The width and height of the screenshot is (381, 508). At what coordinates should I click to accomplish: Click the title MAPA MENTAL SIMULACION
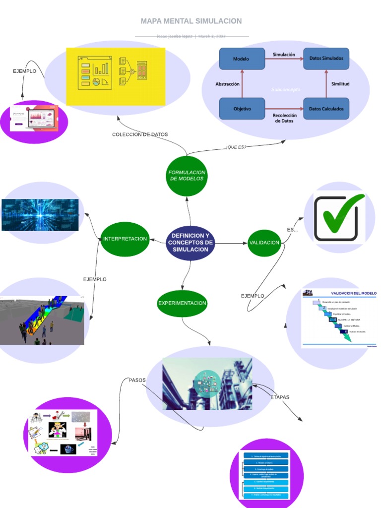click(x=191, y=21)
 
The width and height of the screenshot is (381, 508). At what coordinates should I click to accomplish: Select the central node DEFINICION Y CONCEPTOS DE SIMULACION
click(x=190, y=243)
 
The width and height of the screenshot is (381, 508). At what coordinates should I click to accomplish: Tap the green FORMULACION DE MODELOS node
click(x=186, y=176)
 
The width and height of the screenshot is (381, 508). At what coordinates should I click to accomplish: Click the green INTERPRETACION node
click(x=125, y=239)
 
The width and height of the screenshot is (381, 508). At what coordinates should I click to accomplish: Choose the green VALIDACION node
click(x=264, y=243)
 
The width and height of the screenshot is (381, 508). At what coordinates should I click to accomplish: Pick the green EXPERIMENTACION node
click(x=182, y=303)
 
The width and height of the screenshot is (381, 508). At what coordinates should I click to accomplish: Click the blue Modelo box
click(x=242, y=59)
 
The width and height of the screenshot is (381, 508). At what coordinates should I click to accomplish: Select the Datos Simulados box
click(x=326, y=59)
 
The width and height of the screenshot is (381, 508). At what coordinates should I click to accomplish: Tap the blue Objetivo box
click(x=242, y=109)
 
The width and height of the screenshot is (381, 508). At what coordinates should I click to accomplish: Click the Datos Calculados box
click(x=326, y=109)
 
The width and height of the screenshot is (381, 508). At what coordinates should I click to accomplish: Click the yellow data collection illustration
click(x=115, y=76)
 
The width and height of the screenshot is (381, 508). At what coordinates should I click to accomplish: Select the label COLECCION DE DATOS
click(x=140, y=134)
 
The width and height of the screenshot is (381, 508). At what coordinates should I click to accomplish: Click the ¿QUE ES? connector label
click(x=236, y=147)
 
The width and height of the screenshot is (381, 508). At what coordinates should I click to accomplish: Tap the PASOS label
click(x=137, y=380)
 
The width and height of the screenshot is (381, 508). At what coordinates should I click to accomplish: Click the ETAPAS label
click(x=280, y=397)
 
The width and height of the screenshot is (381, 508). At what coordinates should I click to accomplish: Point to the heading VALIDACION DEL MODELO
click(x=354, y=293)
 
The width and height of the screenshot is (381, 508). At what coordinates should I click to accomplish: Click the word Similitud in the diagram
click(x=340, y=84)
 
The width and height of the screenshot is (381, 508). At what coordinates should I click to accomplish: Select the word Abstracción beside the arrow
click(x=227, y=84)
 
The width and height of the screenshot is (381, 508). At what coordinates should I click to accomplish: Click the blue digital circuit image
click(x=40, y=215)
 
